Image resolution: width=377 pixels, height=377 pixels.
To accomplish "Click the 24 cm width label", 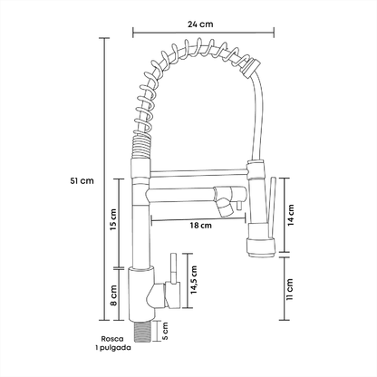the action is [x=200, y=24].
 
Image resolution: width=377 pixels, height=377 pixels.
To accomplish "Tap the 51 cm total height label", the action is [x=82, y=181].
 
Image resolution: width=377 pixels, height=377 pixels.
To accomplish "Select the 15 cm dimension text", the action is [x=113, y=219].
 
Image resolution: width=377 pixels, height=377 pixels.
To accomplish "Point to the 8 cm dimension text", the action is [x=113, y=295].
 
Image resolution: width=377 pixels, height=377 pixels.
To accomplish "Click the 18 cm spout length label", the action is [x=201, y=226].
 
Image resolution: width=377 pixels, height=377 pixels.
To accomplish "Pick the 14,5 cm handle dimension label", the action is [x=193, y=280].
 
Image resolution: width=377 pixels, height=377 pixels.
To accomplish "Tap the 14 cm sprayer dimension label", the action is [x=291, y=215].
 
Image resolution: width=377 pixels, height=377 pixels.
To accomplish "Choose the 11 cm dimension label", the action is [x=290, y=289].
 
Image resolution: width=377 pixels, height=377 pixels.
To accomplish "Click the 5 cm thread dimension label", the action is [x=165, y=332].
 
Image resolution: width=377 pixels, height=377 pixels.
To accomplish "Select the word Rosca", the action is [x=112, y=339].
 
